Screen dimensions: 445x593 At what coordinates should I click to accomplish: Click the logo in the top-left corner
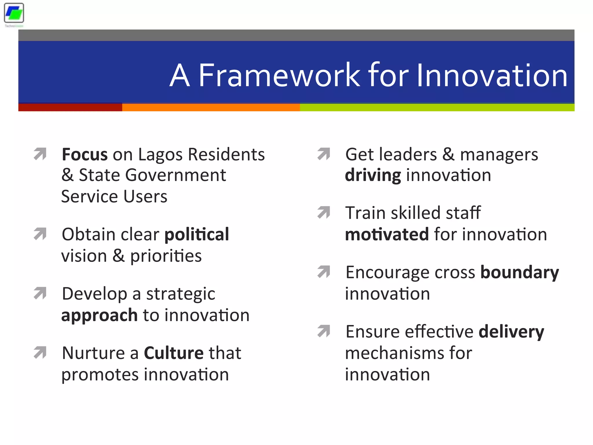(x=14, y=13)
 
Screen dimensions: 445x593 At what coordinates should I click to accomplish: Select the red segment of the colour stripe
(x=70, y=107)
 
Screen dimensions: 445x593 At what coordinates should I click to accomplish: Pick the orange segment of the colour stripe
(x=211, y=107)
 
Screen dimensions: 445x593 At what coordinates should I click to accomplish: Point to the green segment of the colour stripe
(x=437, y=107)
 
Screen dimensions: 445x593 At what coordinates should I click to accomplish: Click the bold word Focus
(x=85, y=154)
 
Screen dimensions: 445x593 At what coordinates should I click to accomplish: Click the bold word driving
(x=373, y=176)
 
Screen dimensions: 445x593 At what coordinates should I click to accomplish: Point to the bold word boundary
(x=520, y=273)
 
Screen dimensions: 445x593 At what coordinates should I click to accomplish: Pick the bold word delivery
(x=511, y=332)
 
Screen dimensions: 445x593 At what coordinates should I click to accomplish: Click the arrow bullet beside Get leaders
(x=324, y=154)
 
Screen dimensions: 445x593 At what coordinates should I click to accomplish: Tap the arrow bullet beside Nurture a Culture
(x=40, y=352)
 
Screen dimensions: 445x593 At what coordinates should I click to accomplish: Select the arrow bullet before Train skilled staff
(x=324, y=212)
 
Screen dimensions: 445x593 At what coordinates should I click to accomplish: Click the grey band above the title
(x=296, y=35)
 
